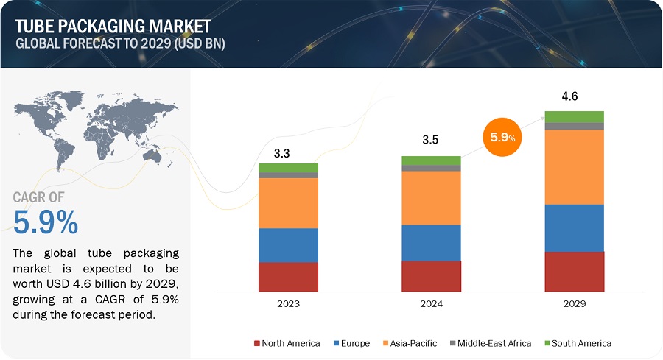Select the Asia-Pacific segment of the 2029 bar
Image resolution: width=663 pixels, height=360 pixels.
pyautogui.click(x=574, y=166)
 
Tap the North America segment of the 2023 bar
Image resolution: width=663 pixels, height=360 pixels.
pyautogui.click(x=288, y=277)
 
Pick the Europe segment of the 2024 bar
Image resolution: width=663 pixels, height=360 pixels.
pyautogui.click(x=431, y=242)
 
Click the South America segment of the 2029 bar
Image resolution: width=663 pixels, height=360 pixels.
pyautogui.click(x=574, y=116)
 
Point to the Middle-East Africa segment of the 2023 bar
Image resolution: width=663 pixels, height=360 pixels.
pyautogui.click(x=288, y=175)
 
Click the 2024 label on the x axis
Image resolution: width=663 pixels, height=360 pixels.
pyautogui.click(x=431, y=303)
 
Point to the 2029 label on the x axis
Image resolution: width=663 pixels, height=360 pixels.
pyautogui.click(x=574, y=303)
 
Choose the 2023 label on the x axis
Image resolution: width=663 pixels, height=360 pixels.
pyautogui.click(x=288, y=303)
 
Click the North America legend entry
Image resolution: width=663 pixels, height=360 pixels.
pyautogui.click(x=287, y=343)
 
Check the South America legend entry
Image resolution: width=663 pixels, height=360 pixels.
pyautogui.click(x=576, y=343)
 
